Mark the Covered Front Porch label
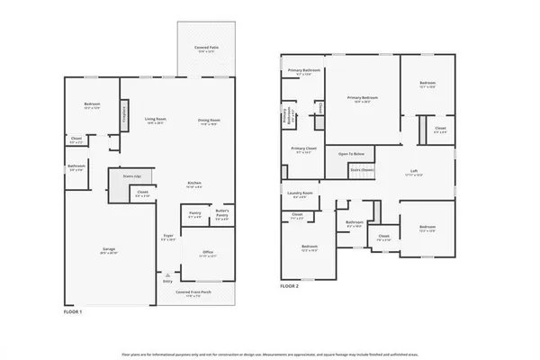pos(193,292)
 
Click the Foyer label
pos(167,238)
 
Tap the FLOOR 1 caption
pos(73,311)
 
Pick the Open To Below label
pos(350,154)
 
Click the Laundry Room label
pos(301,193)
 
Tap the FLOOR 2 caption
pos(289,285)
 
